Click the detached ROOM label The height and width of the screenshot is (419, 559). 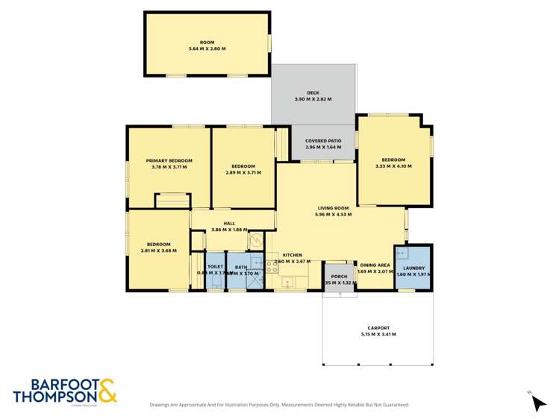(x=207, y=42)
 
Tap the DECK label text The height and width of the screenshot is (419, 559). (x=313, y=93)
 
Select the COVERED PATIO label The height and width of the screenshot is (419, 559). (x=323, y=140)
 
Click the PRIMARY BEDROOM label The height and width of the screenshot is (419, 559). (x=169, y=160)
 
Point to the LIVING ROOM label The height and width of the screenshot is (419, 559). (x=334, y=208)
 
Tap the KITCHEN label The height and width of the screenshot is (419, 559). (x=292, y=256)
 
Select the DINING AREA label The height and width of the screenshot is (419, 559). (x=375, y=265)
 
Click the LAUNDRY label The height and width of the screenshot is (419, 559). (x=413, y=268)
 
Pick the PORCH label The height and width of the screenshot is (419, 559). (x=339, y=277)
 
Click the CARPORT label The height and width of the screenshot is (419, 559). (x=378, y=328)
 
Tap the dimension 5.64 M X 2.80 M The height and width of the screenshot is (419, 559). (x=207, y=48)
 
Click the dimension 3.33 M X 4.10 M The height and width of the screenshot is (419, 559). (x=393, y=166)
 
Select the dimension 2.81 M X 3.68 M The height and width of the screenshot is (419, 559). (x=158, y=251)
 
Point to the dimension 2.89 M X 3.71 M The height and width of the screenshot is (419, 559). (x=243, y=173)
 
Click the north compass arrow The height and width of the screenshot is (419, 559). (x=538, y=402)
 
